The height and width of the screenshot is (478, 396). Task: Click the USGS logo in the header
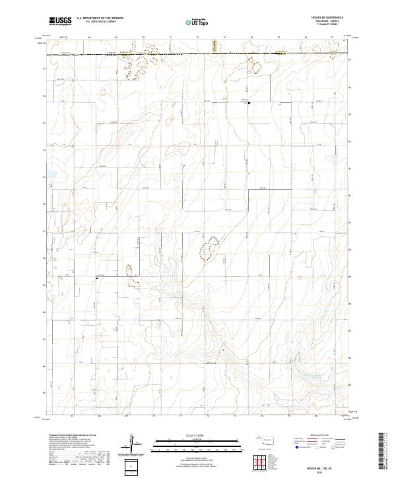pyautogui.click(x=61, y=21)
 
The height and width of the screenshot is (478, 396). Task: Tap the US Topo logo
pyautogui.click(x=197, y=21)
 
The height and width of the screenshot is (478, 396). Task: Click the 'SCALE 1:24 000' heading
pyautogui.click(x=197, y=436)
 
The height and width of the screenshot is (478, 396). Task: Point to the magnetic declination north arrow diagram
pyautogui.click(x=131, y=443)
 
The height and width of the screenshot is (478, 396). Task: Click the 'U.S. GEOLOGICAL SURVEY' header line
pyautogui.click(x=96, y=22)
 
